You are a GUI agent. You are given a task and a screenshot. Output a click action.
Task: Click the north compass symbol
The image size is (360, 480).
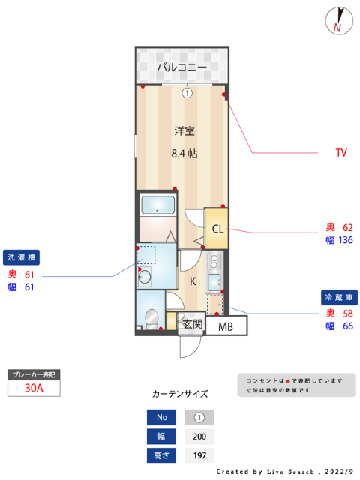pos(340,21)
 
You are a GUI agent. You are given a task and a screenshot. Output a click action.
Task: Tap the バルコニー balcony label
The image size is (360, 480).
pos(181,67)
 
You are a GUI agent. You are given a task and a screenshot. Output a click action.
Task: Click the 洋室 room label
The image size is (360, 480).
pos(184,131)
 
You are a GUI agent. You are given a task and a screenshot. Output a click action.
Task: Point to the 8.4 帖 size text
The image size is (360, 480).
pos(184,154)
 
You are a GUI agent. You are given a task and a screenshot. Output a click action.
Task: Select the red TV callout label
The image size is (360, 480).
pos(341,153)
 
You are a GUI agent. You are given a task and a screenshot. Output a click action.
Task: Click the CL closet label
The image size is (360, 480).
pos(217,229)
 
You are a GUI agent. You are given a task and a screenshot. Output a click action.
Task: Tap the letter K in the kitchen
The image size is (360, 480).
pos(193,281)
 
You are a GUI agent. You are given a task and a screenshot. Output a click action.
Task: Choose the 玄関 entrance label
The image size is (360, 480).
pos(193,324)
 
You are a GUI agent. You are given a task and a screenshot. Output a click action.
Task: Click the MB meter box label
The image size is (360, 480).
pos(226,326)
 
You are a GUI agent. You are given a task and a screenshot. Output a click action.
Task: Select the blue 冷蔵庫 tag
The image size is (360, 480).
pos(338,297)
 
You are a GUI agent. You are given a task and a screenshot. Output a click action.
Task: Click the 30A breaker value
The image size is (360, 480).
pos(33,388)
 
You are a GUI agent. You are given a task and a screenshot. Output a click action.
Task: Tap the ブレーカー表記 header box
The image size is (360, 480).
pos(33,373)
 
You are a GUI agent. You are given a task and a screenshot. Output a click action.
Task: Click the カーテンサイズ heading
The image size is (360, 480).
pos(180,393)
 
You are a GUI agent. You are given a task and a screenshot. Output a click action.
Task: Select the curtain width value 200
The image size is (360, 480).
pos(199,436)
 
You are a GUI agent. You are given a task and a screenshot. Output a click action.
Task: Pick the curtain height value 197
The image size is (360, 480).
pos(199,456)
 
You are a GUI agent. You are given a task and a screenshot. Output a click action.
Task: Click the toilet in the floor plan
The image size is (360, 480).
pos(152,318)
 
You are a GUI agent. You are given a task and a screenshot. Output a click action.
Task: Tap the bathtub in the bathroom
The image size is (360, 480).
pos(157,205)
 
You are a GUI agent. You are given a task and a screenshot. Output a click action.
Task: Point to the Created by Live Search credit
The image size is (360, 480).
pos(285,472)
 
